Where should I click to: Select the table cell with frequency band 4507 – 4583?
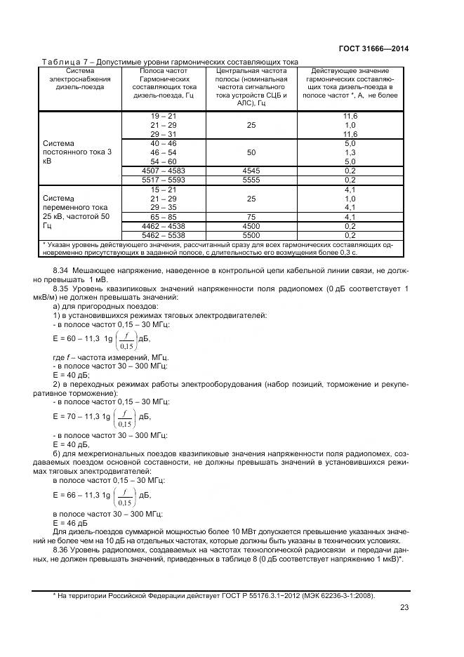click(x=164, y=171)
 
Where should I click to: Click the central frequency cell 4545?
click(x=251, y=171)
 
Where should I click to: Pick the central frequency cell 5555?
click(x=251, y=180)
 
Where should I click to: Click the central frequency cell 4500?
click(x=251, y=227)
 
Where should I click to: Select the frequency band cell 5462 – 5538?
click(x=164, y=236)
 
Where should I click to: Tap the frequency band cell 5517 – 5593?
click(x=164, y=180)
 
